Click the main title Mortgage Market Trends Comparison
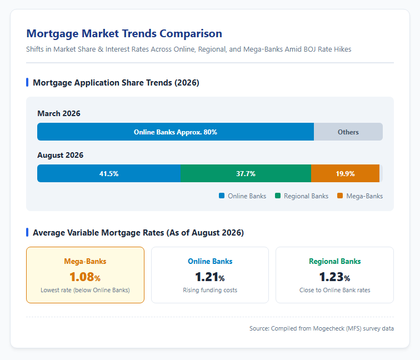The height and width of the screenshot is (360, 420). pos(124,34)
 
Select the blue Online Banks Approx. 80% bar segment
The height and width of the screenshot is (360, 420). pos(176,132)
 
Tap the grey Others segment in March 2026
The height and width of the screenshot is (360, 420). pos(348,132)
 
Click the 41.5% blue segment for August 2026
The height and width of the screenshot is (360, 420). pos(109,173)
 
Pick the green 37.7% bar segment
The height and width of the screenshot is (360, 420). pos(246,173)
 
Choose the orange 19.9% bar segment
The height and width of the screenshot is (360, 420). pos(345,173)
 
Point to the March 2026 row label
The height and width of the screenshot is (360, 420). pos(59,113)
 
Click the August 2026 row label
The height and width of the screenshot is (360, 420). pos(60,156)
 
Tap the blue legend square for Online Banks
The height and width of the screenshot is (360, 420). pos(222,196)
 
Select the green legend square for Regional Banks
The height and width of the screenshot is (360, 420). pos(278,196)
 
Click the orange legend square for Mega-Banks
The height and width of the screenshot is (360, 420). pos(340,196)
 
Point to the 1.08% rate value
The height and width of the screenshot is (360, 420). pos(85,277)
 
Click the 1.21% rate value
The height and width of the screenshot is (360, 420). pos(210,277)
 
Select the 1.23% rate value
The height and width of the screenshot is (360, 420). pos(334,277)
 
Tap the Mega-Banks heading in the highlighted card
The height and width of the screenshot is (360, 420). pos(85,262)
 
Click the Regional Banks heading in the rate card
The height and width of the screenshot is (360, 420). pos(335,262)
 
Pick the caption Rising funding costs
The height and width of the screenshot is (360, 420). pos(210,290)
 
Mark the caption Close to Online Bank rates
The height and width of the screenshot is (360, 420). pos(335,290)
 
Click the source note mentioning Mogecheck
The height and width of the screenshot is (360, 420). pos(322,328)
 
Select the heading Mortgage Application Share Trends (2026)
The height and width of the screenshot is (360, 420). pos(116,83)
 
